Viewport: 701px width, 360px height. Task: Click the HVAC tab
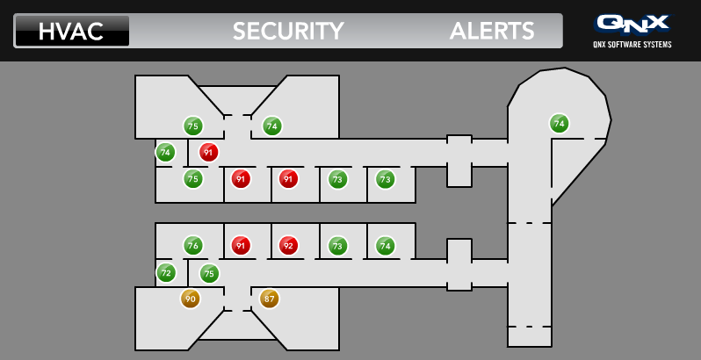point(71,31)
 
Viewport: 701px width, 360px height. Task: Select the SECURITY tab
point(288,31)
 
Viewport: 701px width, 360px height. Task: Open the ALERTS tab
point(492,31)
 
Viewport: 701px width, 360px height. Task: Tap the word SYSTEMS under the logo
point(660,44)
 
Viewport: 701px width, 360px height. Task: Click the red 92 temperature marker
point(288,246)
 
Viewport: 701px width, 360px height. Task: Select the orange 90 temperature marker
point(191,299)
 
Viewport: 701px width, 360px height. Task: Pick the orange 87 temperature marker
point(269,299)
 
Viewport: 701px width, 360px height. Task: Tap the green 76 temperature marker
point(193,246)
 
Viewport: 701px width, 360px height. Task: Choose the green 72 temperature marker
point(166,272)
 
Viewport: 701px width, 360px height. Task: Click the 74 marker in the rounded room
point(560,124)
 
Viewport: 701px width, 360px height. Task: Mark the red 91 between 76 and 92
point(241,246)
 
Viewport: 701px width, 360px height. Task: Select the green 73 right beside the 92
point(337,246)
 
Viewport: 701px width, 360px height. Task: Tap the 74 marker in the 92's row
point(386,246)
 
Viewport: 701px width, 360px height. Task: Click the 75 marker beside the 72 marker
point(209,274)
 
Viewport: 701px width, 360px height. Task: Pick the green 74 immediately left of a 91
point(165,152)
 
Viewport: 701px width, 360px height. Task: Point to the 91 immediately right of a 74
point(208,152)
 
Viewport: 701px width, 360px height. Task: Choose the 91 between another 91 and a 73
point(288,179)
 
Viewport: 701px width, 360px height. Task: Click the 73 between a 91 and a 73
point(337,179)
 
